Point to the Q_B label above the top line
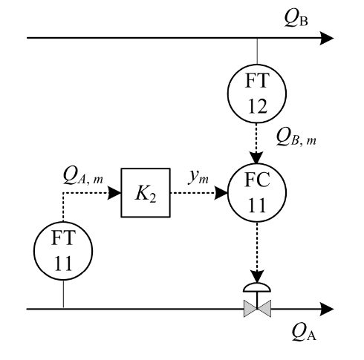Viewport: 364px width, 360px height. point(296,19)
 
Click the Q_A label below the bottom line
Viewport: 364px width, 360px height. point(304,333)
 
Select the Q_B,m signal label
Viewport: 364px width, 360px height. point(296,137)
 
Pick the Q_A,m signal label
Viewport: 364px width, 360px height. point(83,176)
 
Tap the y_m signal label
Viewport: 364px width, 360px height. point(198,177)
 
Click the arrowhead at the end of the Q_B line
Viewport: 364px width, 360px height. point(327,38)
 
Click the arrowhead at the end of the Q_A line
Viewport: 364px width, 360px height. point(327,309)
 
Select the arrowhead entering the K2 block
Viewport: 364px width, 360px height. point(114,193)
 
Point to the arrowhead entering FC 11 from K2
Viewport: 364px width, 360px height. point(221,193)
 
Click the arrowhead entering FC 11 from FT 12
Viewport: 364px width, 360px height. point(257,157)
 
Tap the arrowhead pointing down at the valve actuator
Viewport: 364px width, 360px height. point(257,276)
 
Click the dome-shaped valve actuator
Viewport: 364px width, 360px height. point(257,287)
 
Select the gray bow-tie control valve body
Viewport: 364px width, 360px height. point(257,309)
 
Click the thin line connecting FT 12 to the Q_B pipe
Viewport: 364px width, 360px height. point(257,51)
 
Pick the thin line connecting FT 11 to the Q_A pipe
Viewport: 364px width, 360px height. point(63,295)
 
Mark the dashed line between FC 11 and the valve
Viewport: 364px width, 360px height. point(257,246)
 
